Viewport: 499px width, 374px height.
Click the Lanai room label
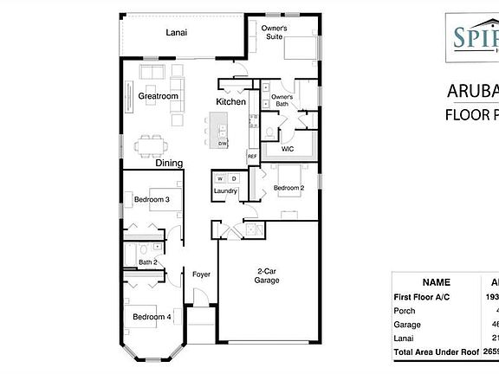coord(177,33)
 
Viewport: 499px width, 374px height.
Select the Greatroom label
coord(157,97)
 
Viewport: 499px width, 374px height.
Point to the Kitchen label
coord(230,102)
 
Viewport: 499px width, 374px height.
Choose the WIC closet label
coord(288,148)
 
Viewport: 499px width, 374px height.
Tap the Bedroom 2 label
coord(289,188)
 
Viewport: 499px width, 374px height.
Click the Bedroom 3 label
coord(151,200)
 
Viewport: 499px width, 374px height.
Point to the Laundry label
coord(226,190)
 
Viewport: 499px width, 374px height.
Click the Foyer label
coord(201,274)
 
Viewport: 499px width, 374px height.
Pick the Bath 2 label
coord(147,261)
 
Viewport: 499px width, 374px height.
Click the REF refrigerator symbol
coord(252,156)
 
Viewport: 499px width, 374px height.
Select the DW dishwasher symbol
coord(223,143)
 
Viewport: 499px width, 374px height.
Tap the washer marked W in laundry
coord(219,178)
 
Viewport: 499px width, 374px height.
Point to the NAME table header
coord(435,282)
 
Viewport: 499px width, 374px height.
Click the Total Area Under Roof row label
coord(435,354)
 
